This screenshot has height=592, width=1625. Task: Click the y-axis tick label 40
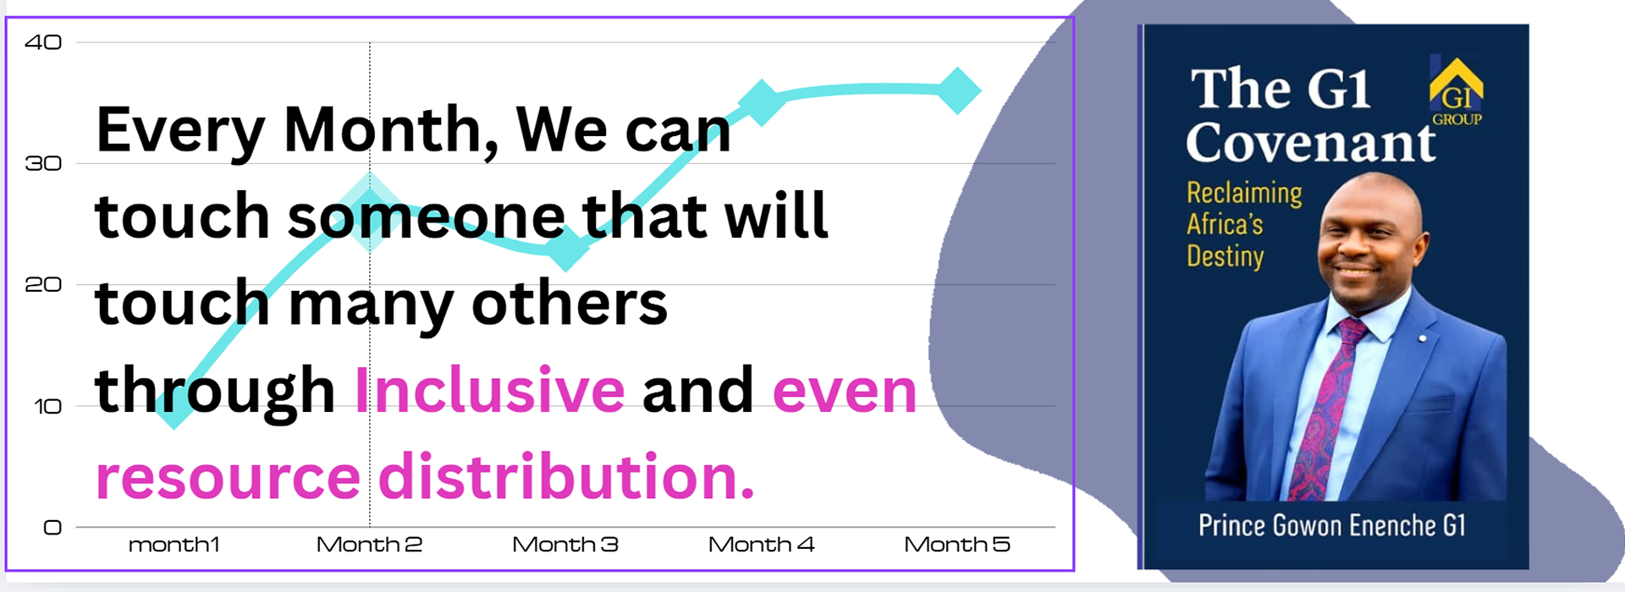(x=43, y=42)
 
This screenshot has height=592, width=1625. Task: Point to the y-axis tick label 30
(x=43, y=163)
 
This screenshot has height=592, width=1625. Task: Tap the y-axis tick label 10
(x=47, y=407)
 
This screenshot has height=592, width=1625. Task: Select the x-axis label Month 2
(x=369, y=545)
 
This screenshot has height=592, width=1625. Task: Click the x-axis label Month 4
(x=761, y=545)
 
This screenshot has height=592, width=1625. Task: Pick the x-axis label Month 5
(x=957, y=545)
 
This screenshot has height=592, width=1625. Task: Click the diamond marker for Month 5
(x=958, y=90)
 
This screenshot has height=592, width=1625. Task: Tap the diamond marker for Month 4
(x=762, y=102)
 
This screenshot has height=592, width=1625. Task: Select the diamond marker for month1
(x=174, y=406)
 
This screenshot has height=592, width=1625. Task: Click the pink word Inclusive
(x=489, y=390)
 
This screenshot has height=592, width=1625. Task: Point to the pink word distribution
(x=565, y=476)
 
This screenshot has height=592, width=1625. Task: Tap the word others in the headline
(x=570, y=303)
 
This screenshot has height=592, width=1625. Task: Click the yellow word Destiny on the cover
(x=1226, y=256)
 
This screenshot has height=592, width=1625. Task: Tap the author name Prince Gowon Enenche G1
(x=1331, y=525)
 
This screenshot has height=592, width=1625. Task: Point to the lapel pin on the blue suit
(x=1423, y=338)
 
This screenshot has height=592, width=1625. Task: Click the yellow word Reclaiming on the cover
(x=1244, y=194)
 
